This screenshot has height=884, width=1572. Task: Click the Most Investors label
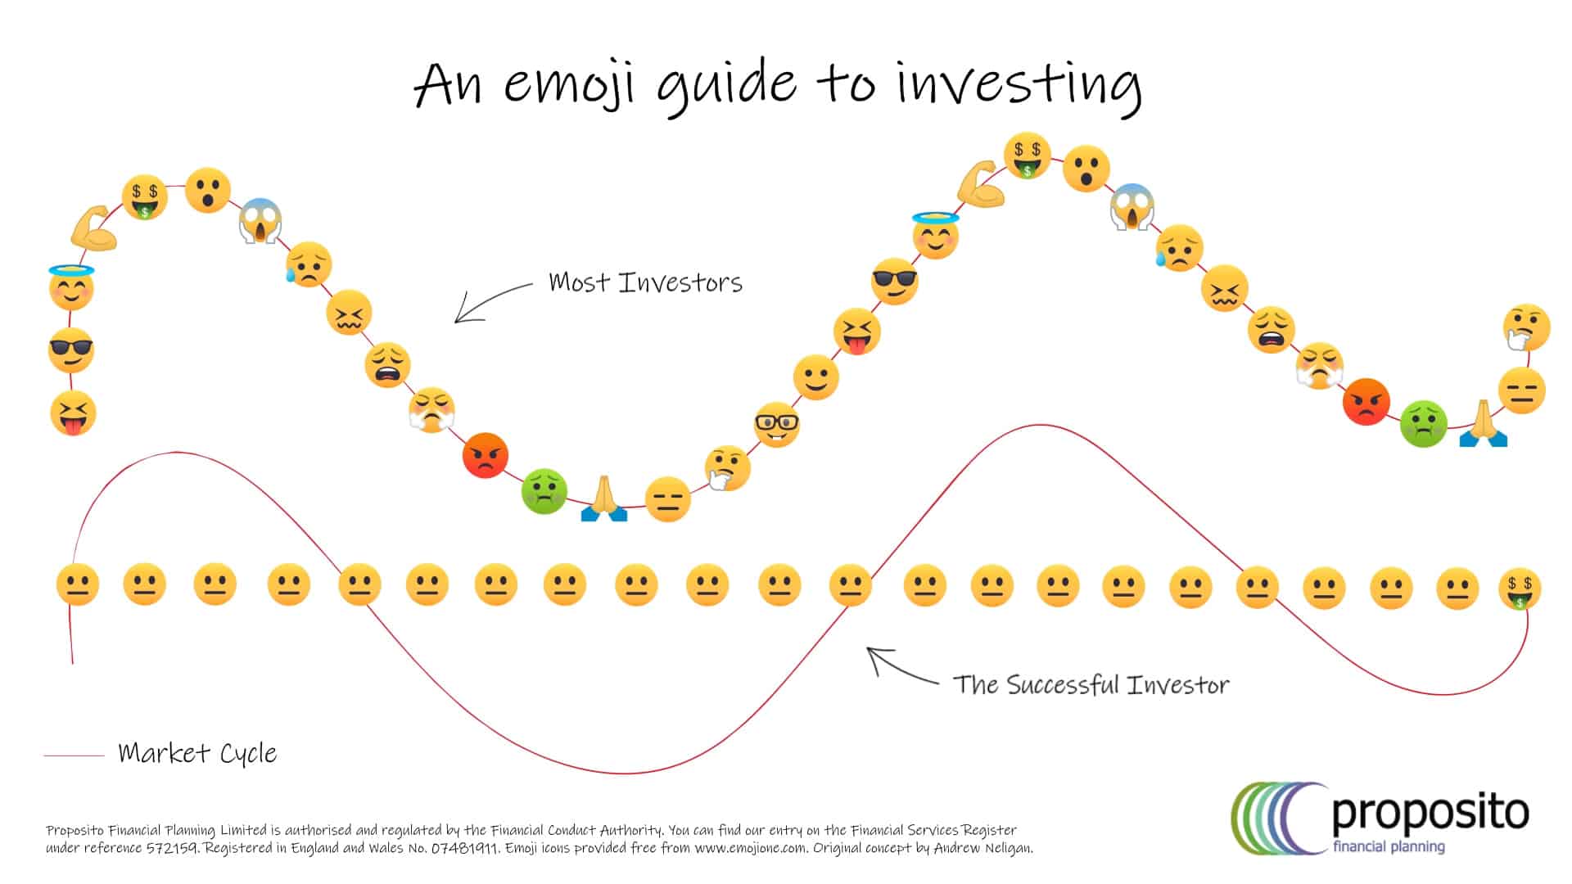click(x=645, y=282)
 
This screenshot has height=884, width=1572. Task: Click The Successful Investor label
click(x=1091, y=684)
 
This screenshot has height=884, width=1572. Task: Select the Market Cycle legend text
click(x=197, y=753)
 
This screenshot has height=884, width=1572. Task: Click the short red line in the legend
click(x=74, y=755)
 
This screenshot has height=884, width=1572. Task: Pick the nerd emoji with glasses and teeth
click(x=776, y=424)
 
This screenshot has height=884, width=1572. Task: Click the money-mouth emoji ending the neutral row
click(x=1520, y=589)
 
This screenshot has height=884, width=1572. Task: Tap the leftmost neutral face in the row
click(x=78, y=585)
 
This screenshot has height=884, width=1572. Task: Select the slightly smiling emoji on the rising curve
click(x=815, y=378)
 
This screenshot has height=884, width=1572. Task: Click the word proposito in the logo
click(x=1430, y=812)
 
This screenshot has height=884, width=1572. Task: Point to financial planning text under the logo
click(x=1388, y=846)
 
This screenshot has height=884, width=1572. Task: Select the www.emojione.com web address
click(x=750, y=848)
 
